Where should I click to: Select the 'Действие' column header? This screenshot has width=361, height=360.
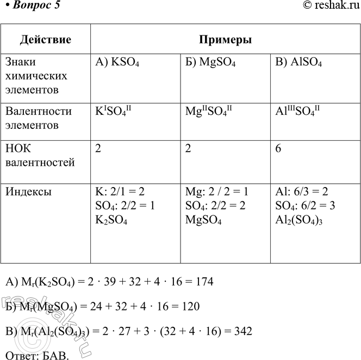(46, 40)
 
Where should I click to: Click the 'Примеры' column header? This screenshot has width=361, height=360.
(225, 40)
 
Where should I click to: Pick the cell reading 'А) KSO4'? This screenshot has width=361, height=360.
(117, 63)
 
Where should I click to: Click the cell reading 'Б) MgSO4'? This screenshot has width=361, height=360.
(210, 63)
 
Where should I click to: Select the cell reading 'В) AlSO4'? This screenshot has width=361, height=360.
(299, 63)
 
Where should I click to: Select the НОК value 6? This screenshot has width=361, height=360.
(278, 149)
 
